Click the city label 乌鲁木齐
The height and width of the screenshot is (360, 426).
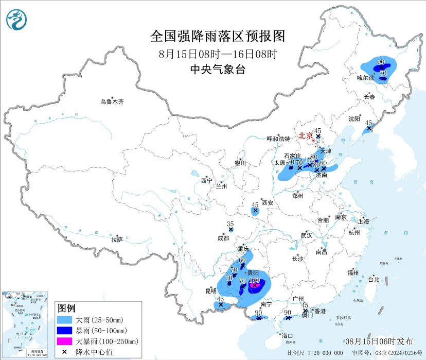click(112, 102)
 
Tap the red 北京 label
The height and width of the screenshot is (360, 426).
click(306, 136)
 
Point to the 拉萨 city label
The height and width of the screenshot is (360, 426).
click(117, 239)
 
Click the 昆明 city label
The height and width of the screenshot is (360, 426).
click(211, 291)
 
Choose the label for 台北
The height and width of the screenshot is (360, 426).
click(373, 280)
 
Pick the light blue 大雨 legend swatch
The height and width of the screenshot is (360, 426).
click(66, 320)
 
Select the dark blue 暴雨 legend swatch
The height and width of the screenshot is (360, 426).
click(66, 331)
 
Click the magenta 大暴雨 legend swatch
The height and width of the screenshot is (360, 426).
click(66, 341)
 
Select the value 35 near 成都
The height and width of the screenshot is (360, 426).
click(230, 224)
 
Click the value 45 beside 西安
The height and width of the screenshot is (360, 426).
click(255, 204)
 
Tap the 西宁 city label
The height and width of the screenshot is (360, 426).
click(206, 181)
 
